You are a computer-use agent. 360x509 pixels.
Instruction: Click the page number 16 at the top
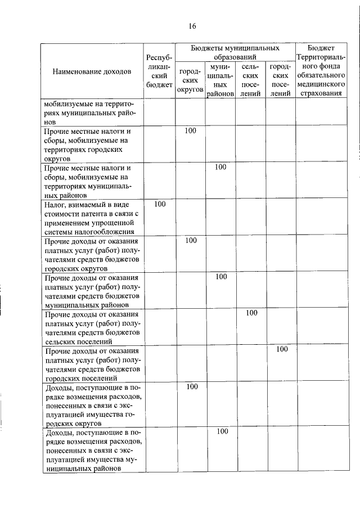(x=192, y=26)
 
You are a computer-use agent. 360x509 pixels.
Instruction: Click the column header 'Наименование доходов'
(x=92, y=71)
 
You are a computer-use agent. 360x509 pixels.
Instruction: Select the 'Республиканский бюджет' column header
(x=159, y=71)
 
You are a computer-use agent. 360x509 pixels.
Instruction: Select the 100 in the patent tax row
(x=160, y=204)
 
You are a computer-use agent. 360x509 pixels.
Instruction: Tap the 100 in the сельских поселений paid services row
(x=251, y=313)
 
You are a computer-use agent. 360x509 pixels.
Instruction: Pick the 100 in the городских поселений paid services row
(x=281, y=349)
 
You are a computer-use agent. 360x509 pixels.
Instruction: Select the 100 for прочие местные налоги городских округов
(x=191, y=130)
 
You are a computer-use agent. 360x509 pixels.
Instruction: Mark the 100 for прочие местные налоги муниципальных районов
(x=220, y=167)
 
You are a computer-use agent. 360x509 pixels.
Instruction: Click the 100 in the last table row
(x=221, y=431)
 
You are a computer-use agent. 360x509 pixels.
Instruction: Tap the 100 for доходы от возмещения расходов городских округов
(x=191, y=386)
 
